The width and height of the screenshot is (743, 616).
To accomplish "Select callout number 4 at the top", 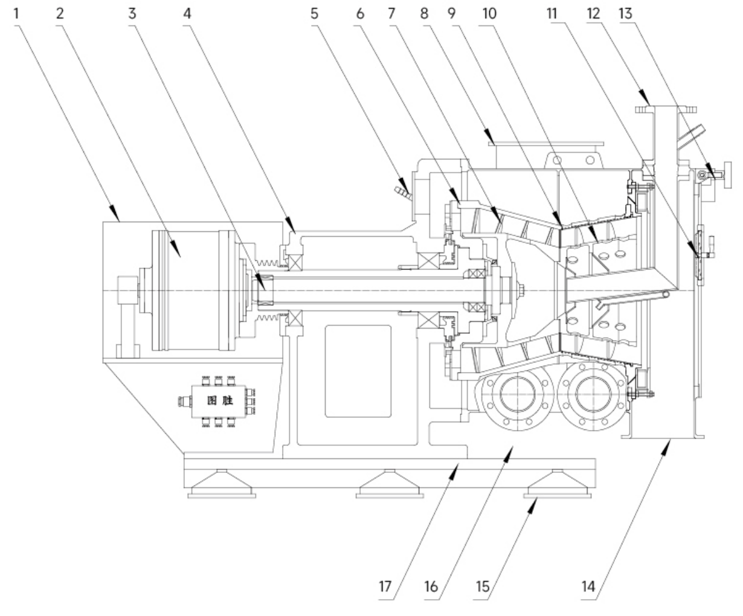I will click(187, 13).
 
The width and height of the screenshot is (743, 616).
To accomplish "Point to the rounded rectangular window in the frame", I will click(358, 371).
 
